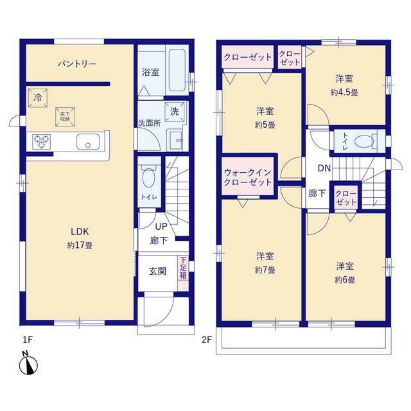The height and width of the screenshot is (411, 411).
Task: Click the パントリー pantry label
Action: pos(77,64)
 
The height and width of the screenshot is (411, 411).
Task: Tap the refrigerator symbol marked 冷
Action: pos(38,98)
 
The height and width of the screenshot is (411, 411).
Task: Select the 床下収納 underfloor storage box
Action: pos(65,117)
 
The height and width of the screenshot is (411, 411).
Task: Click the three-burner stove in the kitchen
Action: pos(42,141)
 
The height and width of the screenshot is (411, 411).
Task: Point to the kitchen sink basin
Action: pos(88,142)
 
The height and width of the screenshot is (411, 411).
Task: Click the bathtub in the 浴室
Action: pos(177,70)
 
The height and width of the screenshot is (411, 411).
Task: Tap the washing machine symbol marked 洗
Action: pos(175,111)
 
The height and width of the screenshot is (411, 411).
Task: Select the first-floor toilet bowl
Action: pos(148,178)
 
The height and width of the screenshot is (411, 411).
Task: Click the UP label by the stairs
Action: pos(161,227)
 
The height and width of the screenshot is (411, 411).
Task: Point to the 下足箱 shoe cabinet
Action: pos(183,273)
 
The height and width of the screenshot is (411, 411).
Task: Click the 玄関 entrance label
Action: pos(157,271)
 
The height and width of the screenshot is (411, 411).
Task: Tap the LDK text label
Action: pos(80,232)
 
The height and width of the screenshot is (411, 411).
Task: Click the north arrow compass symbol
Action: pos(28,363)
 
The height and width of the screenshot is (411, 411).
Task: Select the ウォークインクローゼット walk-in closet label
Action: pos(248,177)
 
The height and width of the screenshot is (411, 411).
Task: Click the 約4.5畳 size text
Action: pos(344,92)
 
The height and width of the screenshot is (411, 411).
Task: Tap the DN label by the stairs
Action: pos(324,168)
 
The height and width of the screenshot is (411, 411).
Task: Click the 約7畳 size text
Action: pos(265,270)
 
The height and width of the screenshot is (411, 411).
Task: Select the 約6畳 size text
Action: pos(345,280)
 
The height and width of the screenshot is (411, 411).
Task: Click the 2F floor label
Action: pos(207,340)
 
